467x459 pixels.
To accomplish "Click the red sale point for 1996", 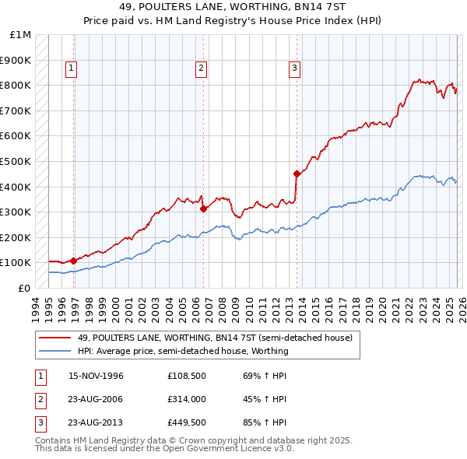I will click(73, 261).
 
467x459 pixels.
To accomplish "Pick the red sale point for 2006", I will click(203, 208).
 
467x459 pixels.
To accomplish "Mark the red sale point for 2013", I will click(297, 174).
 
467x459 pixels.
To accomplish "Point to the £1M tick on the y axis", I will click(21, 35).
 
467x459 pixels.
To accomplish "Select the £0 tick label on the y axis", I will click(25, 288).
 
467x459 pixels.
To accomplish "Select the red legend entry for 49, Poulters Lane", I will click(215, 338).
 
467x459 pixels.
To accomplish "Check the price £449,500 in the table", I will click(185, 424).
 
